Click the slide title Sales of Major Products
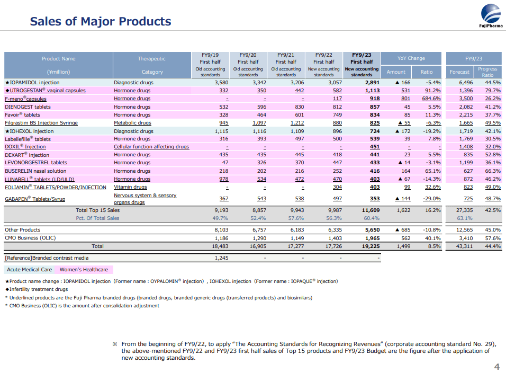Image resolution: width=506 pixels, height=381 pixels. click(101, 22)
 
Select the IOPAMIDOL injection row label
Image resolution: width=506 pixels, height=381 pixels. click(32, 83)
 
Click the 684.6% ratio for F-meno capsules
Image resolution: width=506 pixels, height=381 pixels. click(428, 99)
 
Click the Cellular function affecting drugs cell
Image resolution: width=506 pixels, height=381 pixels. click(151, 147)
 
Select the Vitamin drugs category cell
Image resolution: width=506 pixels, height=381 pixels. click(131, 187)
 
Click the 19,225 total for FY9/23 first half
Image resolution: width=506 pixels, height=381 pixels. click(371, 246)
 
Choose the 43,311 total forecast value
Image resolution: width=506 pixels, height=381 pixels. click(463, 246)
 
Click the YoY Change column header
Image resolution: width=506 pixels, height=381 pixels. click(411, 58)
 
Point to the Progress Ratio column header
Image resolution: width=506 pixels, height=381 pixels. click(487, 72)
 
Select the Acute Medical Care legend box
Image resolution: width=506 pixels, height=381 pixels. click(29, 270)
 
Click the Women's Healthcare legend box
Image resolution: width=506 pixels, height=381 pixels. click(84, 270)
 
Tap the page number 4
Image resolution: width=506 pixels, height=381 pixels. click(496, 367)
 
